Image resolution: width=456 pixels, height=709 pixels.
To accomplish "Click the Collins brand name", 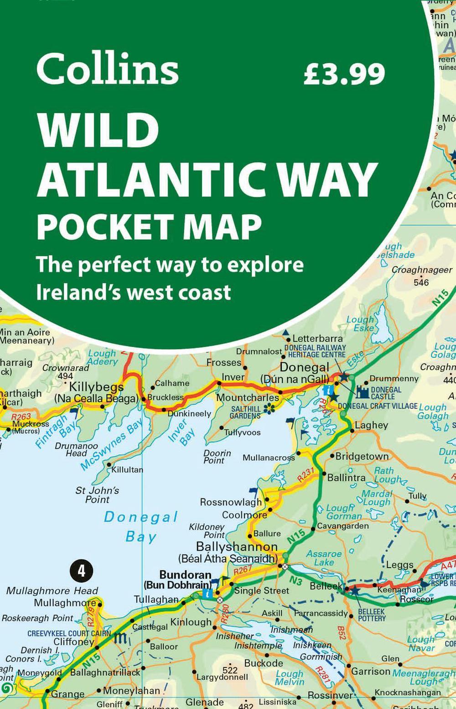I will pyautogui.click(x=107, y=69).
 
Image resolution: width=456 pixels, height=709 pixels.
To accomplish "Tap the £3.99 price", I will pyautogui.click(x=344, y=74).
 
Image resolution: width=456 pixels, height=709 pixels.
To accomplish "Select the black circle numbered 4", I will pyautogui.click(x=82, y=570).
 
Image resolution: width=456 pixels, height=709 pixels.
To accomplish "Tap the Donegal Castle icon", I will pyautogui.click(x=363, y=393).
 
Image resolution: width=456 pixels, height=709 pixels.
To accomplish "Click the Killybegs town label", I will pyautogui.click(x=96, y=387).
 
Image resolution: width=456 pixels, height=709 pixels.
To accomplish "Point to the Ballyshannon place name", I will pyautogui.click(x=237, y=547).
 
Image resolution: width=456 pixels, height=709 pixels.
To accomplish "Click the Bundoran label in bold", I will pyautogui.click(x=185, y=575).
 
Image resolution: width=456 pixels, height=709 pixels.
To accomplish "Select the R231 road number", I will pyautogui.click(x=306, y=474).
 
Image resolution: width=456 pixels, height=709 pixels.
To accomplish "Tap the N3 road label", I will pyautogui.click(x=295, y=581).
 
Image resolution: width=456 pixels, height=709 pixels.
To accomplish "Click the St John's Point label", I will pyautogui.click(x=97, y=495).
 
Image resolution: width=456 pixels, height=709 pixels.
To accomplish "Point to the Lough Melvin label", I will pyautogui.click(x=290, y=678).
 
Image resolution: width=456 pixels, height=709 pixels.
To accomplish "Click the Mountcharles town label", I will pyautogui.click(x=247, y=397).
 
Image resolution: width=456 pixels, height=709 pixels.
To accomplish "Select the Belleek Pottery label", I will pyautogui.click(x=372, y=615).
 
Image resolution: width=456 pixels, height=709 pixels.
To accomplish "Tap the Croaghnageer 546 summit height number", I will pyautogui.click(x=421, y=283).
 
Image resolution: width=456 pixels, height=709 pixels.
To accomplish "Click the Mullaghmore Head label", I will pyautogui.click(x=52, y=591).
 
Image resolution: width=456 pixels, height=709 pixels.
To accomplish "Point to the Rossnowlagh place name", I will pyautogui.click(x=231, y=502).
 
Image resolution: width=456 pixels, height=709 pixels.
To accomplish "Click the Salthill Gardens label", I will pyautogui.click(x=245, y=412).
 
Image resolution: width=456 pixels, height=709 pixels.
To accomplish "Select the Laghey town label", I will pyautogui.click(x=371, y=425).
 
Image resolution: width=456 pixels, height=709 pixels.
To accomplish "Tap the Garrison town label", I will pyautogui.click(x=370, y=671).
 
